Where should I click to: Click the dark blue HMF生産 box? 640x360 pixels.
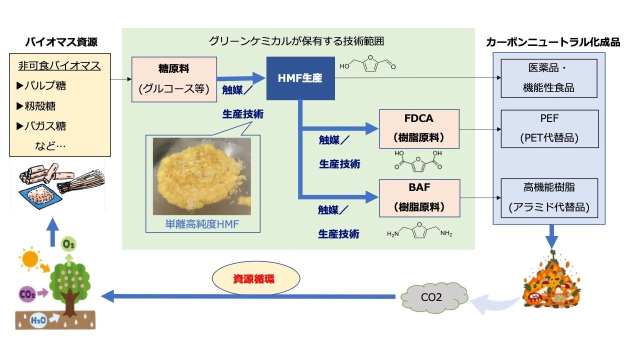(x=300, y=78)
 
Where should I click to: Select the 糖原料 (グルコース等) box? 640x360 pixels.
(x=174, y=79)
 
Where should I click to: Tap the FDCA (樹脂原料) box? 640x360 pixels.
(x=419, y=129)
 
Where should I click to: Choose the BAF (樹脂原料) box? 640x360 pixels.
(x=419, y=197)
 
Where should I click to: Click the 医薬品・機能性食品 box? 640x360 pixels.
(x=548, y=78)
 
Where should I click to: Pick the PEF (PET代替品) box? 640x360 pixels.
(x=548, y=129)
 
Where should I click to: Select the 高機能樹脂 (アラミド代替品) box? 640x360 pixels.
(x=548, y=197)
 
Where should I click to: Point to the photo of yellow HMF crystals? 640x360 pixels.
(x=201, y=176)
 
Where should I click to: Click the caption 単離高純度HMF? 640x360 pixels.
(x=202, y=224)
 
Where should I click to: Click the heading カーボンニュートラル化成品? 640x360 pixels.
(x=552, y=42)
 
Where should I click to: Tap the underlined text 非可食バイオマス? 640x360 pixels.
(x=59, y=65)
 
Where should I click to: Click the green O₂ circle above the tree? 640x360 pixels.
(x=68, y=245)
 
